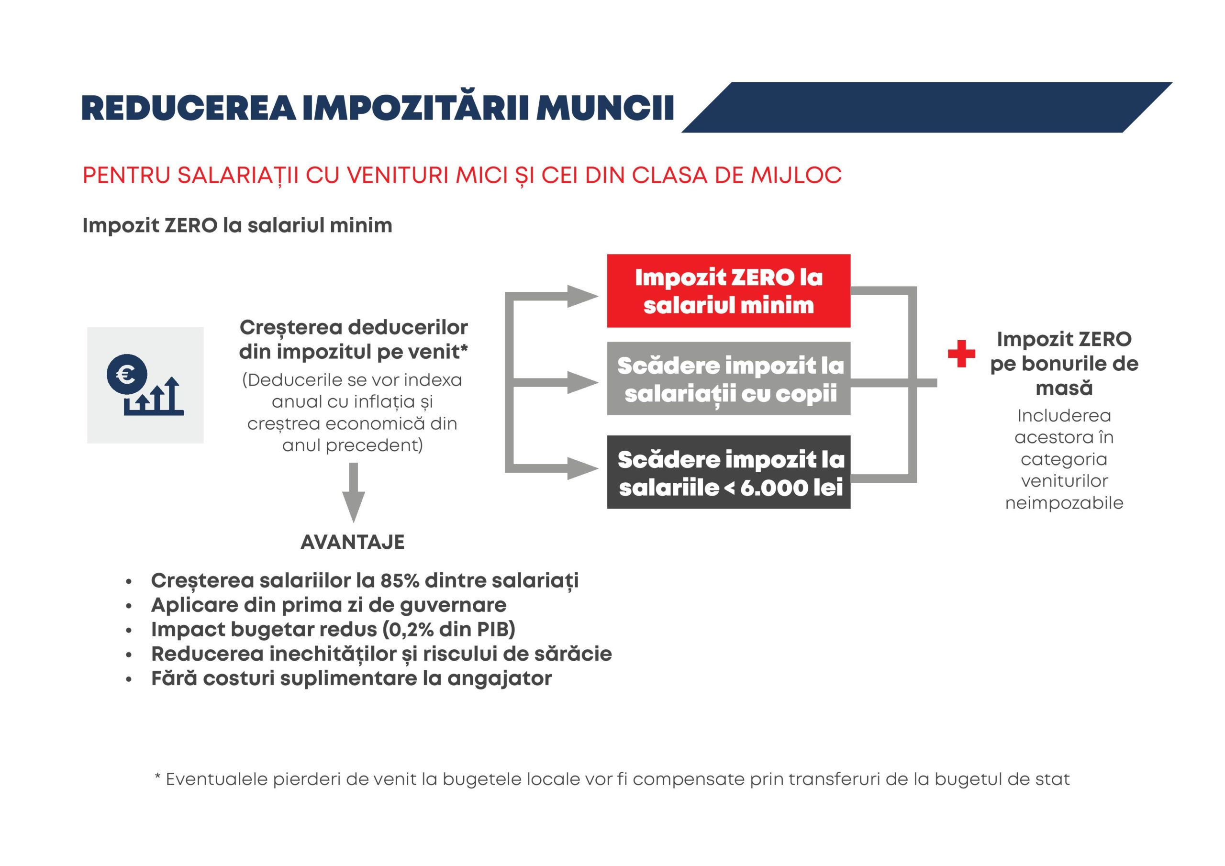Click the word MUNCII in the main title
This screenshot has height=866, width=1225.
click(604, 108)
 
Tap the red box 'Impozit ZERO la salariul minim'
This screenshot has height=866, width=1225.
click(728, 291)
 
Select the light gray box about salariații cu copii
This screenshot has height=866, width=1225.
click(728, 379)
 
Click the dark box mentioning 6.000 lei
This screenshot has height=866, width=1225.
click(728, 472)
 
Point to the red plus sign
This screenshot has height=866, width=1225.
click(961, 354)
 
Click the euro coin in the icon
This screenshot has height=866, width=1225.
click(127, 374)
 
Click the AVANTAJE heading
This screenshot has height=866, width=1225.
click(353, 542)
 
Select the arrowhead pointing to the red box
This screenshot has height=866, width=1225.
click(581, 296)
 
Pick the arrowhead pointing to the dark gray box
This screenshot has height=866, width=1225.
click(581, 468)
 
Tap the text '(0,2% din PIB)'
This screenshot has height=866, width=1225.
click(449, 630)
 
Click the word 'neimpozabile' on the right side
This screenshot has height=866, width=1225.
click(1064, 503)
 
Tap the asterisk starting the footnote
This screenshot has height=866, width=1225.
click(157, 778)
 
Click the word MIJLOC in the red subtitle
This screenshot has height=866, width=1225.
click(797, 176)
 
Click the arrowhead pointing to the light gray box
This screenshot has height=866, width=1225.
click(581, 383)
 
